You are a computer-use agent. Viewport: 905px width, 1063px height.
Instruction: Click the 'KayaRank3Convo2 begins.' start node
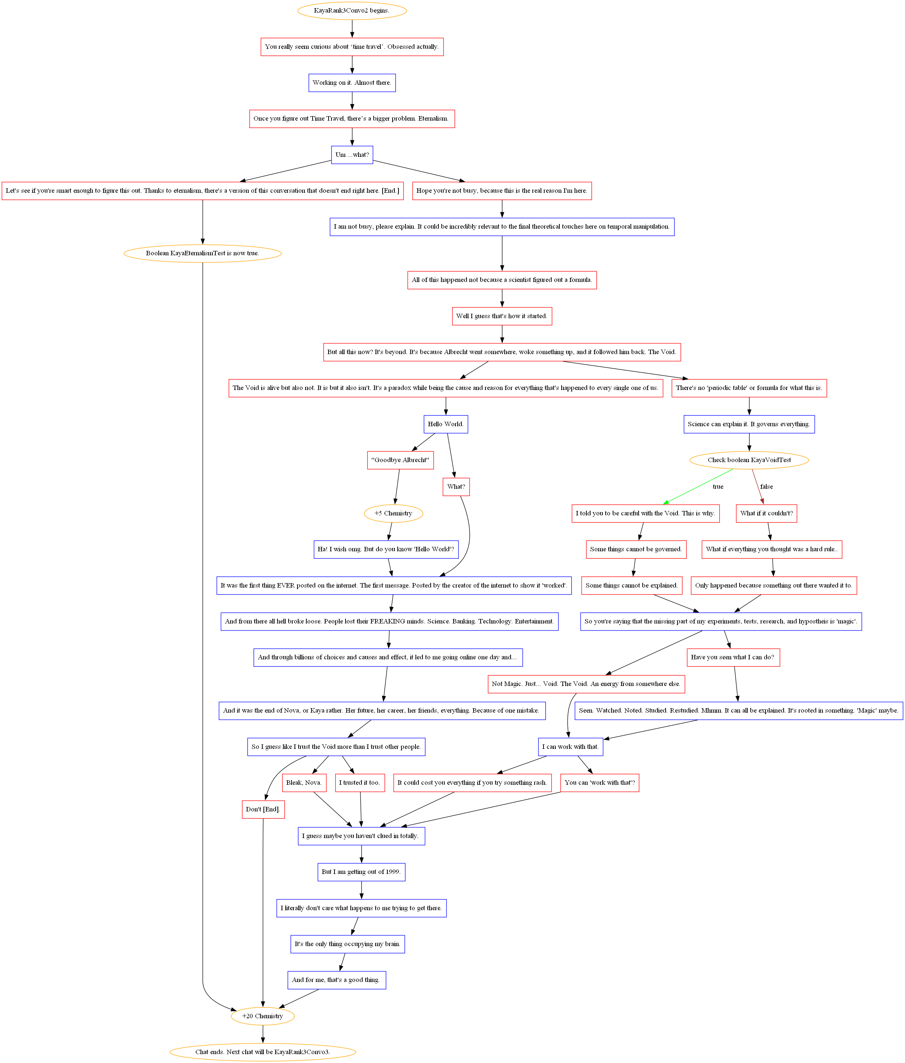(x=352, y=11)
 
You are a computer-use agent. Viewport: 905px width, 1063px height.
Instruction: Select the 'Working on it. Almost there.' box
(x=352, y=83)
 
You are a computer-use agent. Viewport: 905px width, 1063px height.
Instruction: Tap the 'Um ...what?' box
(x=352, y=154)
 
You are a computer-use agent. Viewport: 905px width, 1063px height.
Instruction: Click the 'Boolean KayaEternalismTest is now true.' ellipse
(x=203, y=253)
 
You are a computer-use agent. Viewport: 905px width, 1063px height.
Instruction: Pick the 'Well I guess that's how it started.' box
(x=502, y=316)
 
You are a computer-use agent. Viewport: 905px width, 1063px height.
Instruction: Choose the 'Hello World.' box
(x=446, y=424)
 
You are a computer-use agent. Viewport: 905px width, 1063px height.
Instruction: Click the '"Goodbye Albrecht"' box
(x=400, y=460)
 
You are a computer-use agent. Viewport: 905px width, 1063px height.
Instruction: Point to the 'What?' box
(x=456, y=486)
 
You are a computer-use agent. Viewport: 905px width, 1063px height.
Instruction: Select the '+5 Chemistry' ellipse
(x=394, y=513)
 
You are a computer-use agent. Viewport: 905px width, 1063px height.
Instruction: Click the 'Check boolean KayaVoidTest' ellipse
(x=749, y=460)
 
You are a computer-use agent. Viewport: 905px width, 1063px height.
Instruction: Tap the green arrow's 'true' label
(x=718, y=486)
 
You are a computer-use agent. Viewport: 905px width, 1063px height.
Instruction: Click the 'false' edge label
(x=767, y=486)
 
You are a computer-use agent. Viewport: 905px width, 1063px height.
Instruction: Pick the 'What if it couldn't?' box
(x=767, y=513)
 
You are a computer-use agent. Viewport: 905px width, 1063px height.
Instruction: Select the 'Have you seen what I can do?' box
(x=733, y=657)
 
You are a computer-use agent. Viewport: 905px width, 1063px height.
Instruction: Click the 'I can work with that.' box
(x=571, y=746)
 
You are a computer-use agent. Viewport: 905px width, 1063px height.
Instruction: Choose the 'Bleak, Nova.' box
(x=304, y=783)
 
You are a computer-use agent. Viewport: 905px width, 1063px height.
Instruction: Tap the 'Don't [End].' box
(x=263, y=809)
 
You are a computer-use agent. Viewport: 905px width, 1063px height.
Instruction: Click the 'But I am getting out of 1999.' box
(x=361, y=872)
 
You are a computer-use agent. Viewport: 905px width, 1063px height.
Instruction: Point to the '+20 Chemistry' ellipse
(x=263, y=1016)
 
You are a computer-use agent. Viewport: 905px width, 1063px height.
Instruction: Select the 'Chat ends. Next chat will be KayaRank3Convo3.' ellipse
(x=263, y=1052)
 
